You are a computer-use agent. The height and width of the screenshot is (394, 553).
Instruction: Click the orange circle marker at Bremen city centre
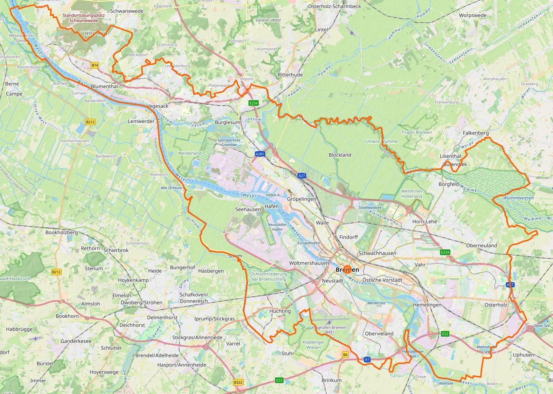point(347,270)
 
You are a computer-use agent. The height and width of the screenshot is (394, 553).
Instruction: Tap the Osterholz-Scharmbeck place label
point(335,6)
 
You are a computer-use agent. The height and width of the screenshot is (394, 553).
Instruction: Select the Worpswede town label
point(472,16)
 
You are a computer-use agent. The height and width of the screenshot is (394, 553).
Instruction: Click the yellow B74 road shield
point(94,65)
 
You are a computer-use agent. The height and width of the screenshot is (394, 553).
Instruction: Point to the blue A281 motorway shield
point(260,154)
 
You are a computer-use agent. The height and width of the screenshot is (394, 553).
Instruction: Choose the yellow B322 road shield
point(238,382)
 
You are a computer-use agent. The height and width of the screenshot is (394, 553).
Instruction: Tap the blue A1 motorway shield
point(367,359)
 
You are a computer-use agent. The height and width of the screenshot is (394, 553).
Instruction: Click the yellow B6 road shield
point(345,355)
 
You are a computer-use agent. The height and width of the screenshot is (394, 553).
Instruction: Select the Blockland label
point(340,155)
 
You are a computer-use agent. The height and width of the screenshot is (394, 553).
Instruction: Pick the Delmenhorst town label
point(162,318)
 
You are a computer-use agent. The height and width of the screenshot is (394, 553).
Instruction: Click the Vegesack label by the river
point(158,106)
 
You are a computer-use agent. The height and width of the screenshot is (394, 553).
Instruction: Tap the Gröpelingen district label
point(302,199)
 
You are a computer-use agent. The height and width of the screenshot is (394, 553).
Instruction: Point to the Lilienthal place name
point(450,156)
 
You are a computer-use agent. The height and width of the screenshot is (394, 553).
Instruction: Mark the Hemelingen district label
point(427,305)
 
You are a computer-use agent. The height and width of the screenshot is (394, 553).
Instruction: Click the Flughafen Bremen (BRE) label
point(329,330)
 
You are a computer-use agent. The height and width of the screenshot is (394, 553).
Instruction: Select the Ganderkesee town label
point(76,341)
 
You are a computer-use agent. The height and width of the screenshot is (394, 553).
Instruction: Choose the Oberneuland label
point(481,246)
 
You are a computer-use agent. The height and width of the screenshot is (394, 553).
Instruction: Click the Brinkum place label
point(331,380)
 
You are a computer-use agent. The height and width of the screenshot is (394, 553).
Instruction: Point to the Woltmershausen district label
point(309,263)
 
